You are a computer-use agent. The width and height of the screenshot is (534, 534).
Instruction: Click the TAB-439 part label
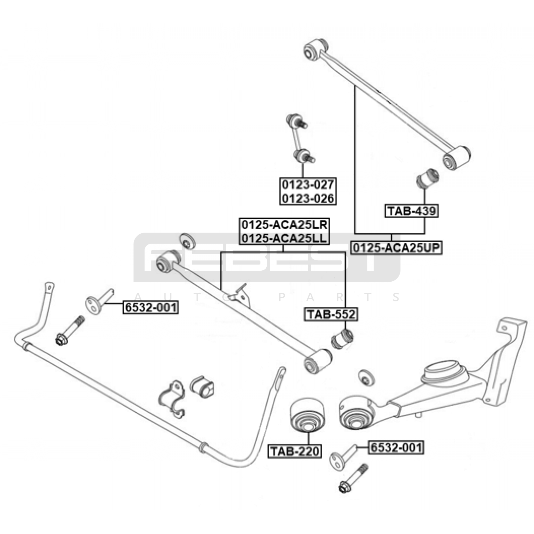click(411, 211)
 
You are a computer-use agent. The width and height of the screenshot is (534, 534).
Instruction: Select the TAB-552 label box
click(331, 314)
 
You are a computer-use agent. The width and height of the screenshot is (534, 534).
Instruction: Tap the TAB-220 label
click(295, 451)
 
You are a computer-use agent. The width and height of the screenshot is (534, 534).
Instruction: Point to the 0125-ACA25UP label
click(396, 248)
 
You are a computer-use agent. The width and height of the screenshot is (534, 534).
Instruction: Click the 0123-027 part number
click(308, 185)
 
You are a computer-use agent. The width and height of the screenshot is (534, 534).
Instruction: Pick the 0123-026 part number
click(308, 198)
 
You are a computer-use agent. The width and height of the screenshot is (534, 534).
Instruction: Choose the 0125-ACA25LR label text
click(284, 225)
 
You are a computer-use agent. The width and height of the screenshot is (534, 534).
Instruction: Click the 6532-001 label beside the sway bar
click(150, 307)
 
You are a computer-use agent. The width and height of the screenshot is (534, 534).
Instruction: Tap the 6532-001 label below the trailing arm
click(396, 447)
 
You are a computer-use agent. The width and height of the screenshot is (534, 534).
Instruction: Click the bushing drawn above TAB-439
click(428, 179)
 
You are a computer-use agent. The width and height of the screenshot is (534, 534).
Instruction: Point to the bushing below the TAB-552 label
click(342, 339)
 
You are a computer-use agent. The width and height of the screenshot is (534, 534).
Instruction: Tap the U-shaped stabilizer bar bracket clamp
click(172, 399)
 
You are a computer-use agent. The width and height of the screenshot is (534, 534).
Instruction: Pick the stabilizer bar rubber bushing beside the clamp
click(202, 387)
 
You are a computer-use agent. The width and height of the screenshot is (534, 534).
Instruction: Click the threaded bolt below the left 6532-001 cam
click(70, 330)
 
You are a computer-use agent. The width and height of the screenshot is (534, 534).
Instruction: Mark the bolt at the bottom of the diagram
click(353, 478)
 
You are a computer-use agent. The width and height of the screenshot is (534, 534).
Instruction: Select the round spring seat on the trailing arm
click(444, 372)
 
